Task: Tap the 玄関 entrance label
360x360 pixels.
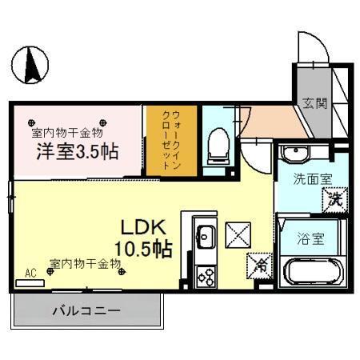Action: click(314, 102)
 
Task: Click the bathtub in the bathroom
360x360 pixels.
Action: click(314, 272)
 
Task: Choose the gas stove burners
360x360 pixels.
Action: click(205, 277)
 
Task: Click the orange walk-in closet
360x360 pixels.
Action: click(168, 142)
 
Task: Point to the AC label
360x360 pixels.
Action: click(31, 273)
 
